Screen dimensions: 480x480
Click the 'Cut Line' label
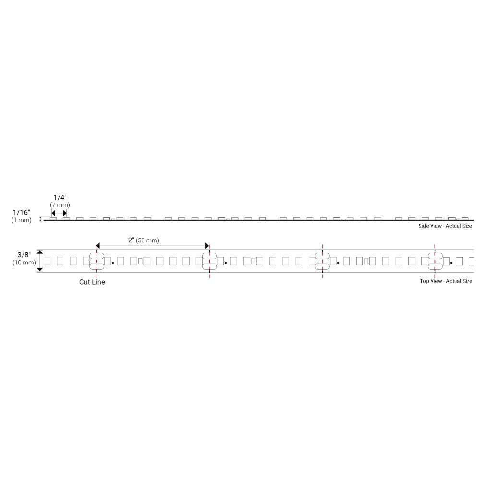(x=92, y=282)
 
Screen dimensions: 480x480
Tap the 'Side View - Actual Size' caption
(x=445, y=226)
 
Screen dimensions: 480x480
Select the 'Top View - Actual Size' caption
(x=446, y=281)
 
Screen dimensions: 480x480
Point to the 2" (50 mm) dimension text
(x=144, y=240)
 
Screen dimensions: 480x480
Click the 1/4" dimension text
(x=60, y=197)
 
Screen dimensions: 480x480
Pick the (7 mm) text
(x=60, y=205)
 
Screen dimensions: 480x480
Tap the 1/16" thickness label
(x=22, y=212)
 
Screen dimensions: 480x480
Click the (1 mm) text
(x=22, y=220)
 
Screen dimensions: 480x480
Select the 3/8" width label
(x=24, y=255)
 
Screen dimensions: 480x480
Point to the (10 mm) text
(x=24, y=263)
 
